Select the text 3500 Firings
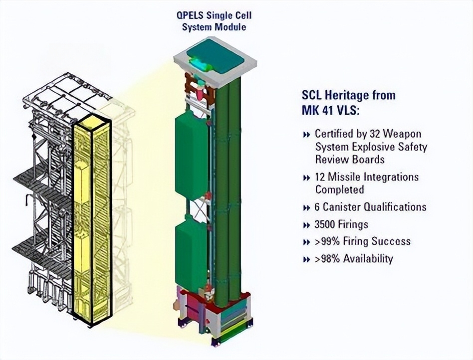click(341, 224)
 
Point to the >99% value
click(327, 241)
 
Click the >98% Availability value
click(354, 259)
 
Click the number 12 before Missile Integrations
click(320, 177)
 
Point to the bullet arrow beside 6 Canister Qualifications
click(306, 208)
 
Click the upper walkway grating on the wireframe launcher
click(42, 181)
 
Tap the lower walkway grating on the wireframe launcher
click(42, 250)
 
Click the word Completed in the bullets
click(340, 189)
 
